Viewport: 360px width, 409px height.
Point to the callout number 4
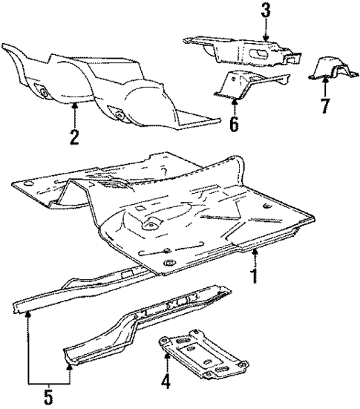tap(166, 384)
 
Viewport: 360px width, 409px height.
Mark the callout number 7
tap(324, 105)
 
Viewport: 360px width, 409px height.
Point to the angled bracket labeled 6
tap(245, 83)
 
